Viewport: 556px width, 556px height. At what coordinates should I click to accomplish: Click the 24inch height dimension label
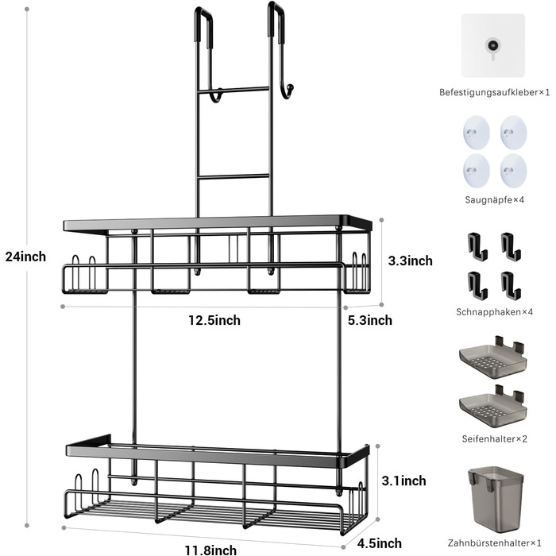25,257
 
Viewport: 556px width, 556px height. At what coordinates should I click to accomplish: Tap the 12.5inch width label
214,320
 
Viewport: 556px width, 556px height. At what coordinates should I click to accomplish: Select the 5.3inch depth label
370,320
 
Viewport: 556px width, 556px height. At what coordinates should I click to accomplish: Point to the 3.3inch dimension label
411,261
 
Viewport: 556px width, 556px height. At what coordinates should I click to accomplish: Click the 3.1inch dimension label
403,481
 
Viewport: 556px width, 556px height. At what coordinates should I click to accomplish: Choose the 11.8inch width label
210,550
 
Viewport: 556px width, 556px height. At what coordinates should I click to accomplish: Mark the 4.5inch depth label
380,542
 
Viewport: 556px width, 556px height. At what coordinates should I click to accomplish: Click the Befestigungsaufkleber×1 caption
494,93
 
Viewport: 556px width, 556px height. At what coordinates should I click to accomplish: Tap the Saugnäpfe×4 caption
494,200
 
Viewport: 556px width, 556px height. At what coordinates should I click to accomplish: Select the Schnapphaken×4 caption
494,312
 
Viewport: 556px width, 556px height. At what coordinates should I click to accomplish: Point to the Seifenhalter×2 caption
494,439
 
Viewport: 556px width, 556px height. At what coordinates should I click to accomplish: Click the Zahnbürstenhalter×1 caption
494,542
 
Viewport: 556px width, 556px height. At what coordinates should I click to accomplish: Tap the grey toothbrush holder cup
496,500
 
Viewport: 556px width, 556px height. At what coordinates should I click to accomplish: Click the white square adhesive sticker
493,45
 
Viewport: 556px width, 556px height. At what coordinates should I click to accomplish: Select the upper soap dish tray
493,357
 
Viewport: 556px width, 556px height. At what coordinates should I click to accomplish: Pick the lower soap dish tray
493,407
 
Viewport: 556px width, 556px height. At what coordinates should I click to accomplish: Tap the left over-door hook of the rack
203,26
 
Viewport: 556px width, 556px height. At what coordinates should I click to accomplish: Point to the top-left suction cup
477,133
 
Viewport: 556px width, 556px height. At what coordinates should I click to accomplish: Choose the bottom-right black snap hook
511,285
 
